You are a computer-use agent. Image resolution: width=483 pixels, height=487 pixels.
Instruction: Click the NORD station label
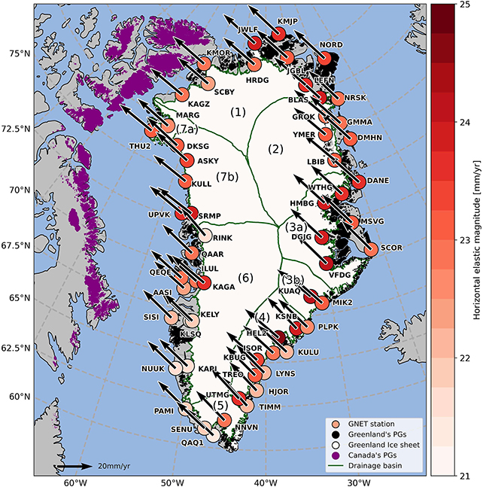pyautogui.click(x=331, y=44)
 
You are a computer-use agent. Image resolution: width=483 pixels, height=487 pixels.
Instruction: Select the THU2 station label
pyautogui.click(x=139, y=145)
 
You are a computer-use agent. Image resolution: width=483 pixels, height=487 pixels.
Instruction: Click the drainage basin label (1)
pyautogui.click(x=238, y=112)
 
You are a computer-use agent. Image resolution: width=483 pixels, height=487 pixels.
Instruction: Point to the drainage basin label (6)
pyautogui.click(x=245, y=278)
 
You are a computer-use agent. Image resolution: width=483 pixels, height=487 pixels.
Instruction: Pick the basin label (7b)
pyautogui.click(x=226, y=177)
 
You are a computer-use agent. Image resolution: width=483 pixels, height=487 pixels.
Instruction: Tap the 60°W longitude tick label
pyautogui.click(x=73, y=482)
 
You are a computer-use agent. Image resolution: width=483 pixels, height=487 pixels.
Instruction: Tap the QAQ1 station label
pyautogui.click(x=192, y=443)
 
